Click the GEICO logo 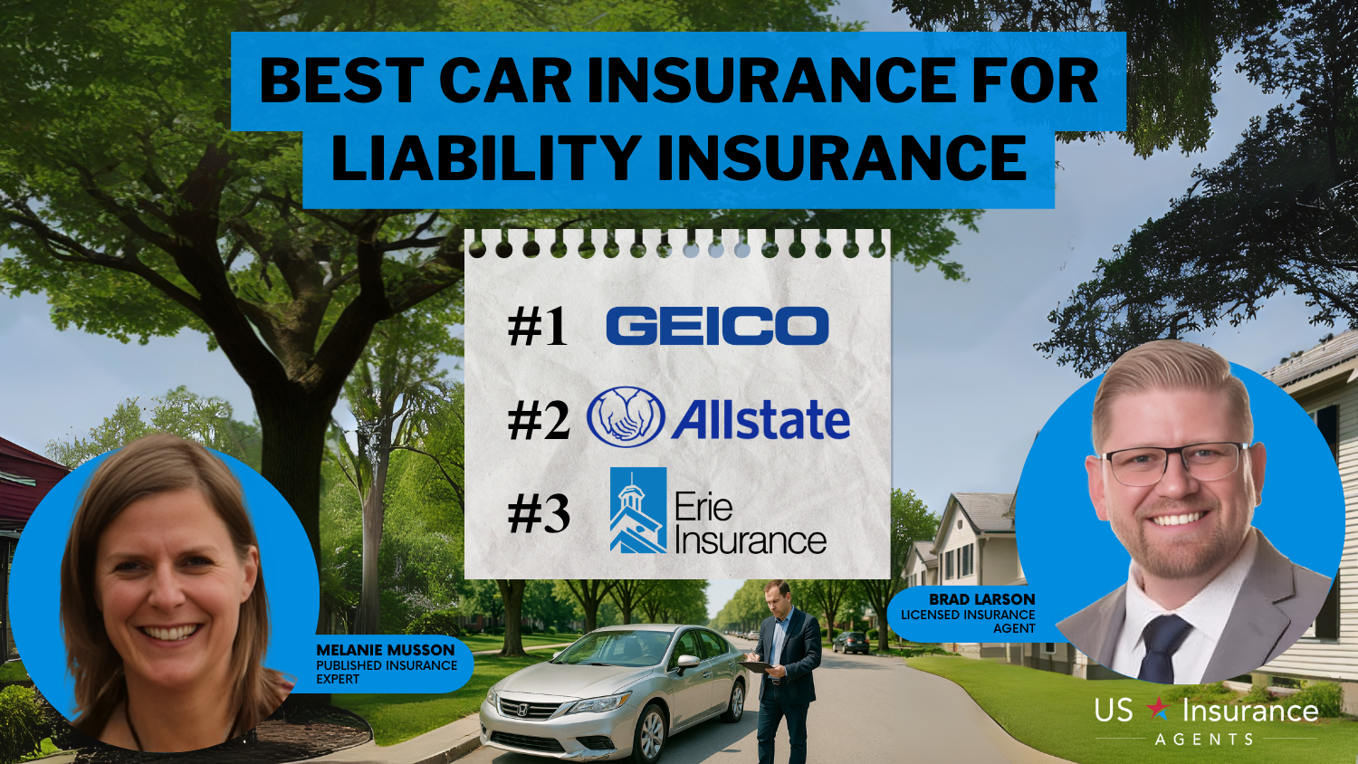(x=717, y=326)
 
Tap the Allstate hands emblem (x=626, y=417)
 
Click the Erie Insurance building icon (x=637, y=510)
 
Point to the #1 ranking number (x=538, y=327)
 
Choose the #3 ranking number (x=539, y=514)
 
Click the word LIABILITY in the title (x=486, y=158)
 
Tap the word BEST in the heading (x=341, y=80)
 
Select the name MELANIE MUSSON (x=386, y=650)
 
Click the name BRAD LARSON (x=982, y=599)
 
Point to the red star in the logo (x=1158, y=708)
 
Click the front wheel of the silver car (x=653, y=736)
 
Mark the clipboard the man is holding (x=755, y=666)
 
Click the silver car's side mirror (x=688, y=662)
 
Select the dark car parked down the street (x=851, y=643)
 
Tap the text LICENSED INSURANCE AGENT (x=968, y=622)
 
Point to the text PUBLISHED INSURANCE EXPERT (x=387, y=672)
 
